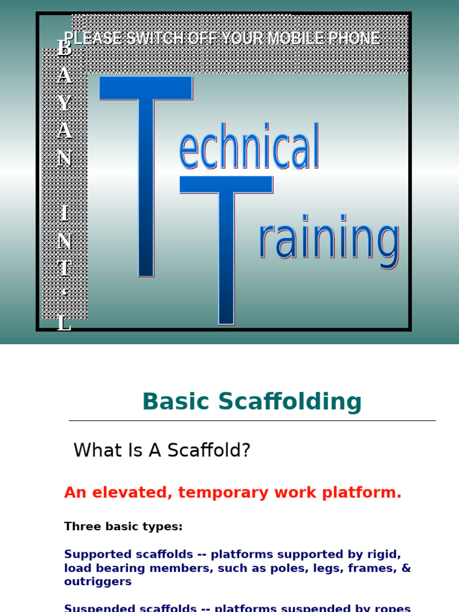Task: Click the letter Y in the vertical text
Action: (65, 103)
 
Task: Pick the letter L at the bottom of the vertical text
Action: (64, 324)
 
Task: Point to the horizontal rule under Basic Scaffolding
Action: (252, 421)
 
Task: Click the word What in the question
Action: (95, 451)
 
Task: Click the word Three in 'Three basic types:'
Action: (79, 527)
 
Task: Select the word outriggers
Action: (98, 582)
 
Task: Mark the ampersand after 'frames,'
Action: (406, 568)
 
